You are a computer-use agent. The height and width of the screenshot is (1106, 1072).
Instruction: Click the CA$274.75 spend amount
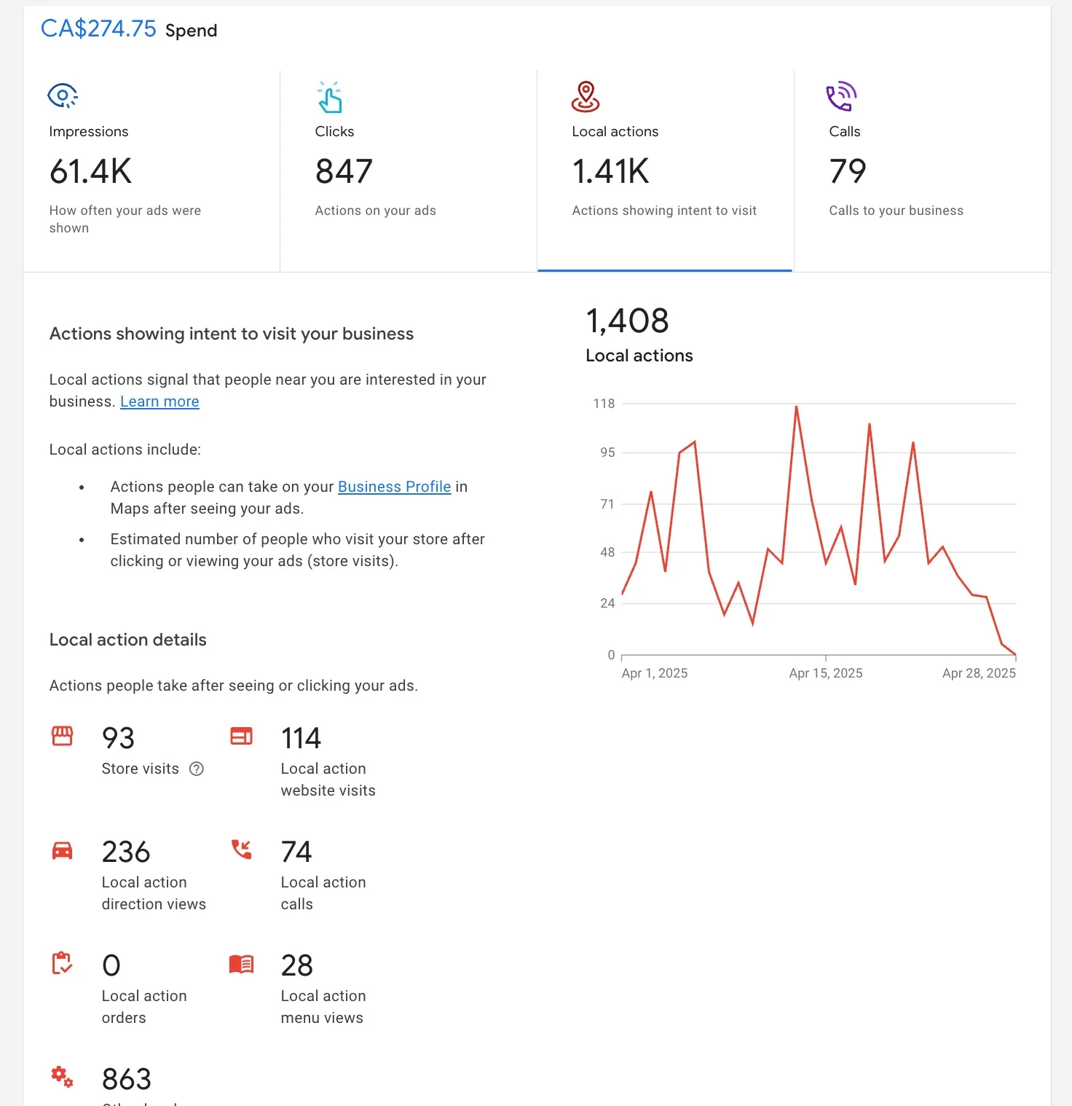pos(98,29)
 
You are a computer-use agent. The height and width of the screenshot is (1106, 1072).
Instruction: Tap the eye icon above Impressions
pos(63,95)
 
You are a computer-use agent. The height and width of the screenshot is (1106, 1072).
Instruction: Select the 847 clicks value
pos(344,172)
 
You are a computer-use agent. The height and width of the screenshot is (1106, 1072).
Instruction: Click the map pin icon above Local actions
pos(586,97)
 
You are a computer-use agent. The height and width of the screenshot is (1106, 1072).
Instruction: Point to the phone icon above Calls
pos(841,97)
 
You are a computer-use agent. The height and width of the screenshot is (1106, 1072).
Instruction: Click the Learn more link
pos(159,401)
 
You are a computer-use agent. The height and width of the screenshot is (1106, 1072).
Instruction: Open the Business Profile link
pos(394,487)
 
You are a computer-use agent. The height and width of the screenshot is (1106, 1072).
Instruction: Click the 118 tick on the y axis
pos(604,404)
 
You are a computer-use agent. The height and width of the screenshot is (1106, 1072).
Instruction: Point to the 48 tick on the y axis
pos(607,552)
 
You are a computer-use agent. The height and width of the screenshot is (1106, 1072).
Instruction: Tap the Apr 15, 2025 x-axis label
pos(825,673)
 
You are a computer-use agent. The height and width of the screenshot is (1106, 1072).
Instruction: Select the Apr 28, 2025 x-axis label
pos(979,673)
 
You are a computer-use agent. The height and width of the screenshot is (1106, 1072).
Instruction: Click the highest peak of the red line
pos(797,407)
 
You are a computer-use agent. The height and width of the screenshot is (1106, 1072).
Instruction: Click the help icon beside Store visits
pos(197,769)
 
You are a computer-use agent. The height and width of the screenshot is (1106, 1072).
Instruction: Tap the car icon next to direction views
pos(63,850)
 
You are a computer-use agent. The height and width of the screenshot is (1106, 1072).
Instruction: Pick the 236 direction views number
pos(126,852)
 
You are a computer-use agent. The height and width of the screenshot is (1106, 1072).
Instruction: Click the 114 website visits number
pos(301,738)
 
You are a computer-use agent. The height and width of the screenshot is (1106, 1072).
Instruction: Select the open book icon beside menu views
pos(241,964)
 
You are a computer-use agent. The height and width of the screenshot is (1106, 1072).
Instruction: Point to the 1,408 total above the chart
pos(627,321)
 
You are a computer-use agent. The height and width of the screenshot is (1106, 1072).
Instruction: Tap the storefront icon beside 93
pos(63,736)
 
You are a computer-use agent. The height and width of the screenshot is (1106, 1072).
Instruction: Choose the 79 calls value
pos(848,172)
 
